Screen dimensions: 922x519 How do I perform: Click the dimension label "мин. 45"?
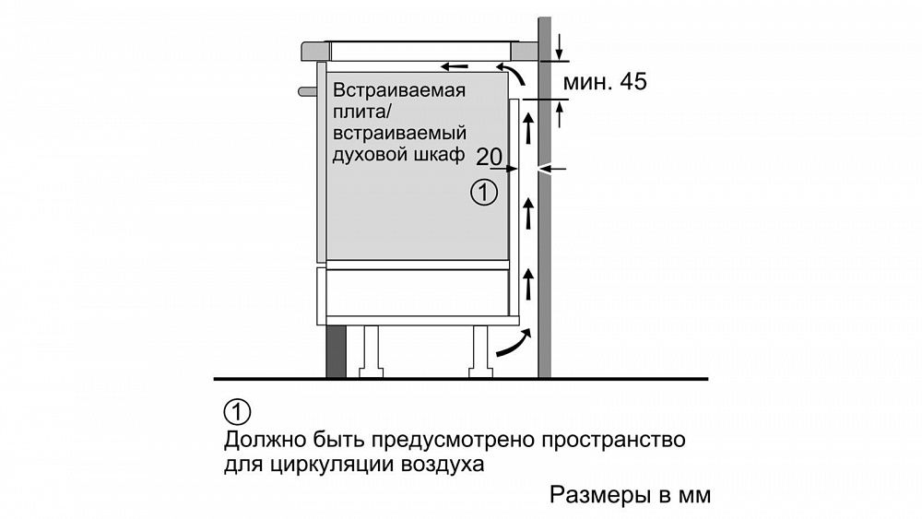point(605,82)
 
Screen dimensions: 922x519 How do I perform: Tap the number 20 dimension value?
point(490,157)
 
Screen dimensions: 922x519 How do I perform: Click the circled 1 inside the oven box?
point(484,192)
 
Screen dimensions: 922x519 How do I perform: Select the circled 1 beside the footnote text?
point(237,412)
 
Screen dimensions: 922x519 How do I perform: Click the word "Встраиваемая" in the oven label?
point(399,90)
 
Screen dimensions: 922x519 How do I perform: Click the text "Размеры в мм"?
point(631,495)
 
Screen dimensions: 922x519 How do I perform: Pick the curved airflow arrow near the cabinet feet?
point(514,344)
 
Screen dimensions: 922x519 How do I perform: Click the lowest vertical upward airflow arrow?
point(528,284)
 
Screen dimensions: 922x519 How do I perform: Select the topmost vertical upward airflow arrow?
point(528,129)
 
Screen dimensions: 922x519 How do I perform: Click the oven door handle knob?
point(308,91)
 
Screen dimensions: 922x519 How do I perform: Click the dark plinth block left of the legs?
point(336,351)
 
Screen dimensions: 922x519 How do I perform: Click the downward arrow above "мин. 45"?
point(560,48)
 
